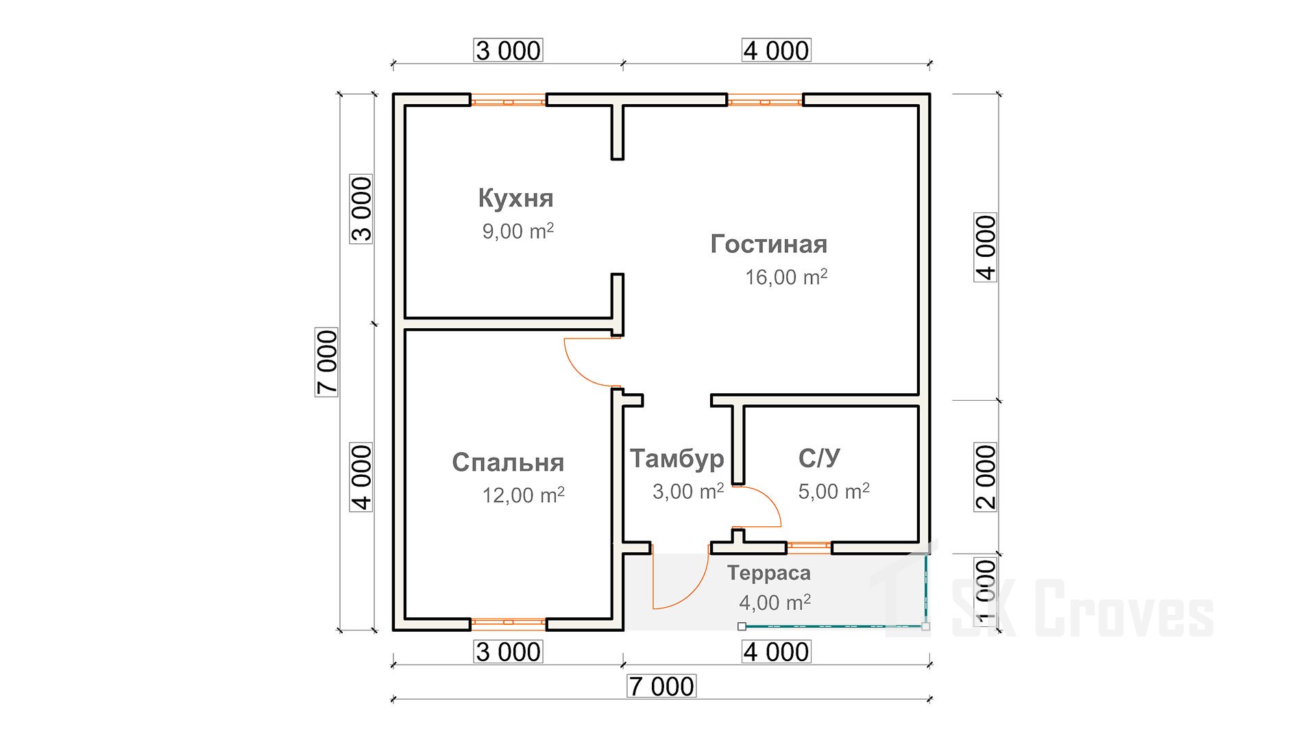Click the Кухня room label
(515, 198)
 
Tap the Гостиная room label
(768, 244)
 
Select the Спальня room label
(508, 463)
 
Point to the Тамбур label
(677, 458)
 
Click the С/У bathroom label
(819, 458)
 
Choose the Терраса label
(768, 573)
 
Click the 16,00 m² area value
(786, 277)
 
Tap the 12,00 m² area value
(523, 495)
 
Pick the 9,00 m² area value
(517, 231)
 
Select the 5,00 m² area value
(833, 491)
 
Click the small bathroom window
(809, 547)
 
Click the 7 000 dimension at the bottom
(661, 687)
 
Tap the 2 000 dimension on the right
(986, 477)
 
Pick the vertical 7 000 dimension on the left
(327, 362)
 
